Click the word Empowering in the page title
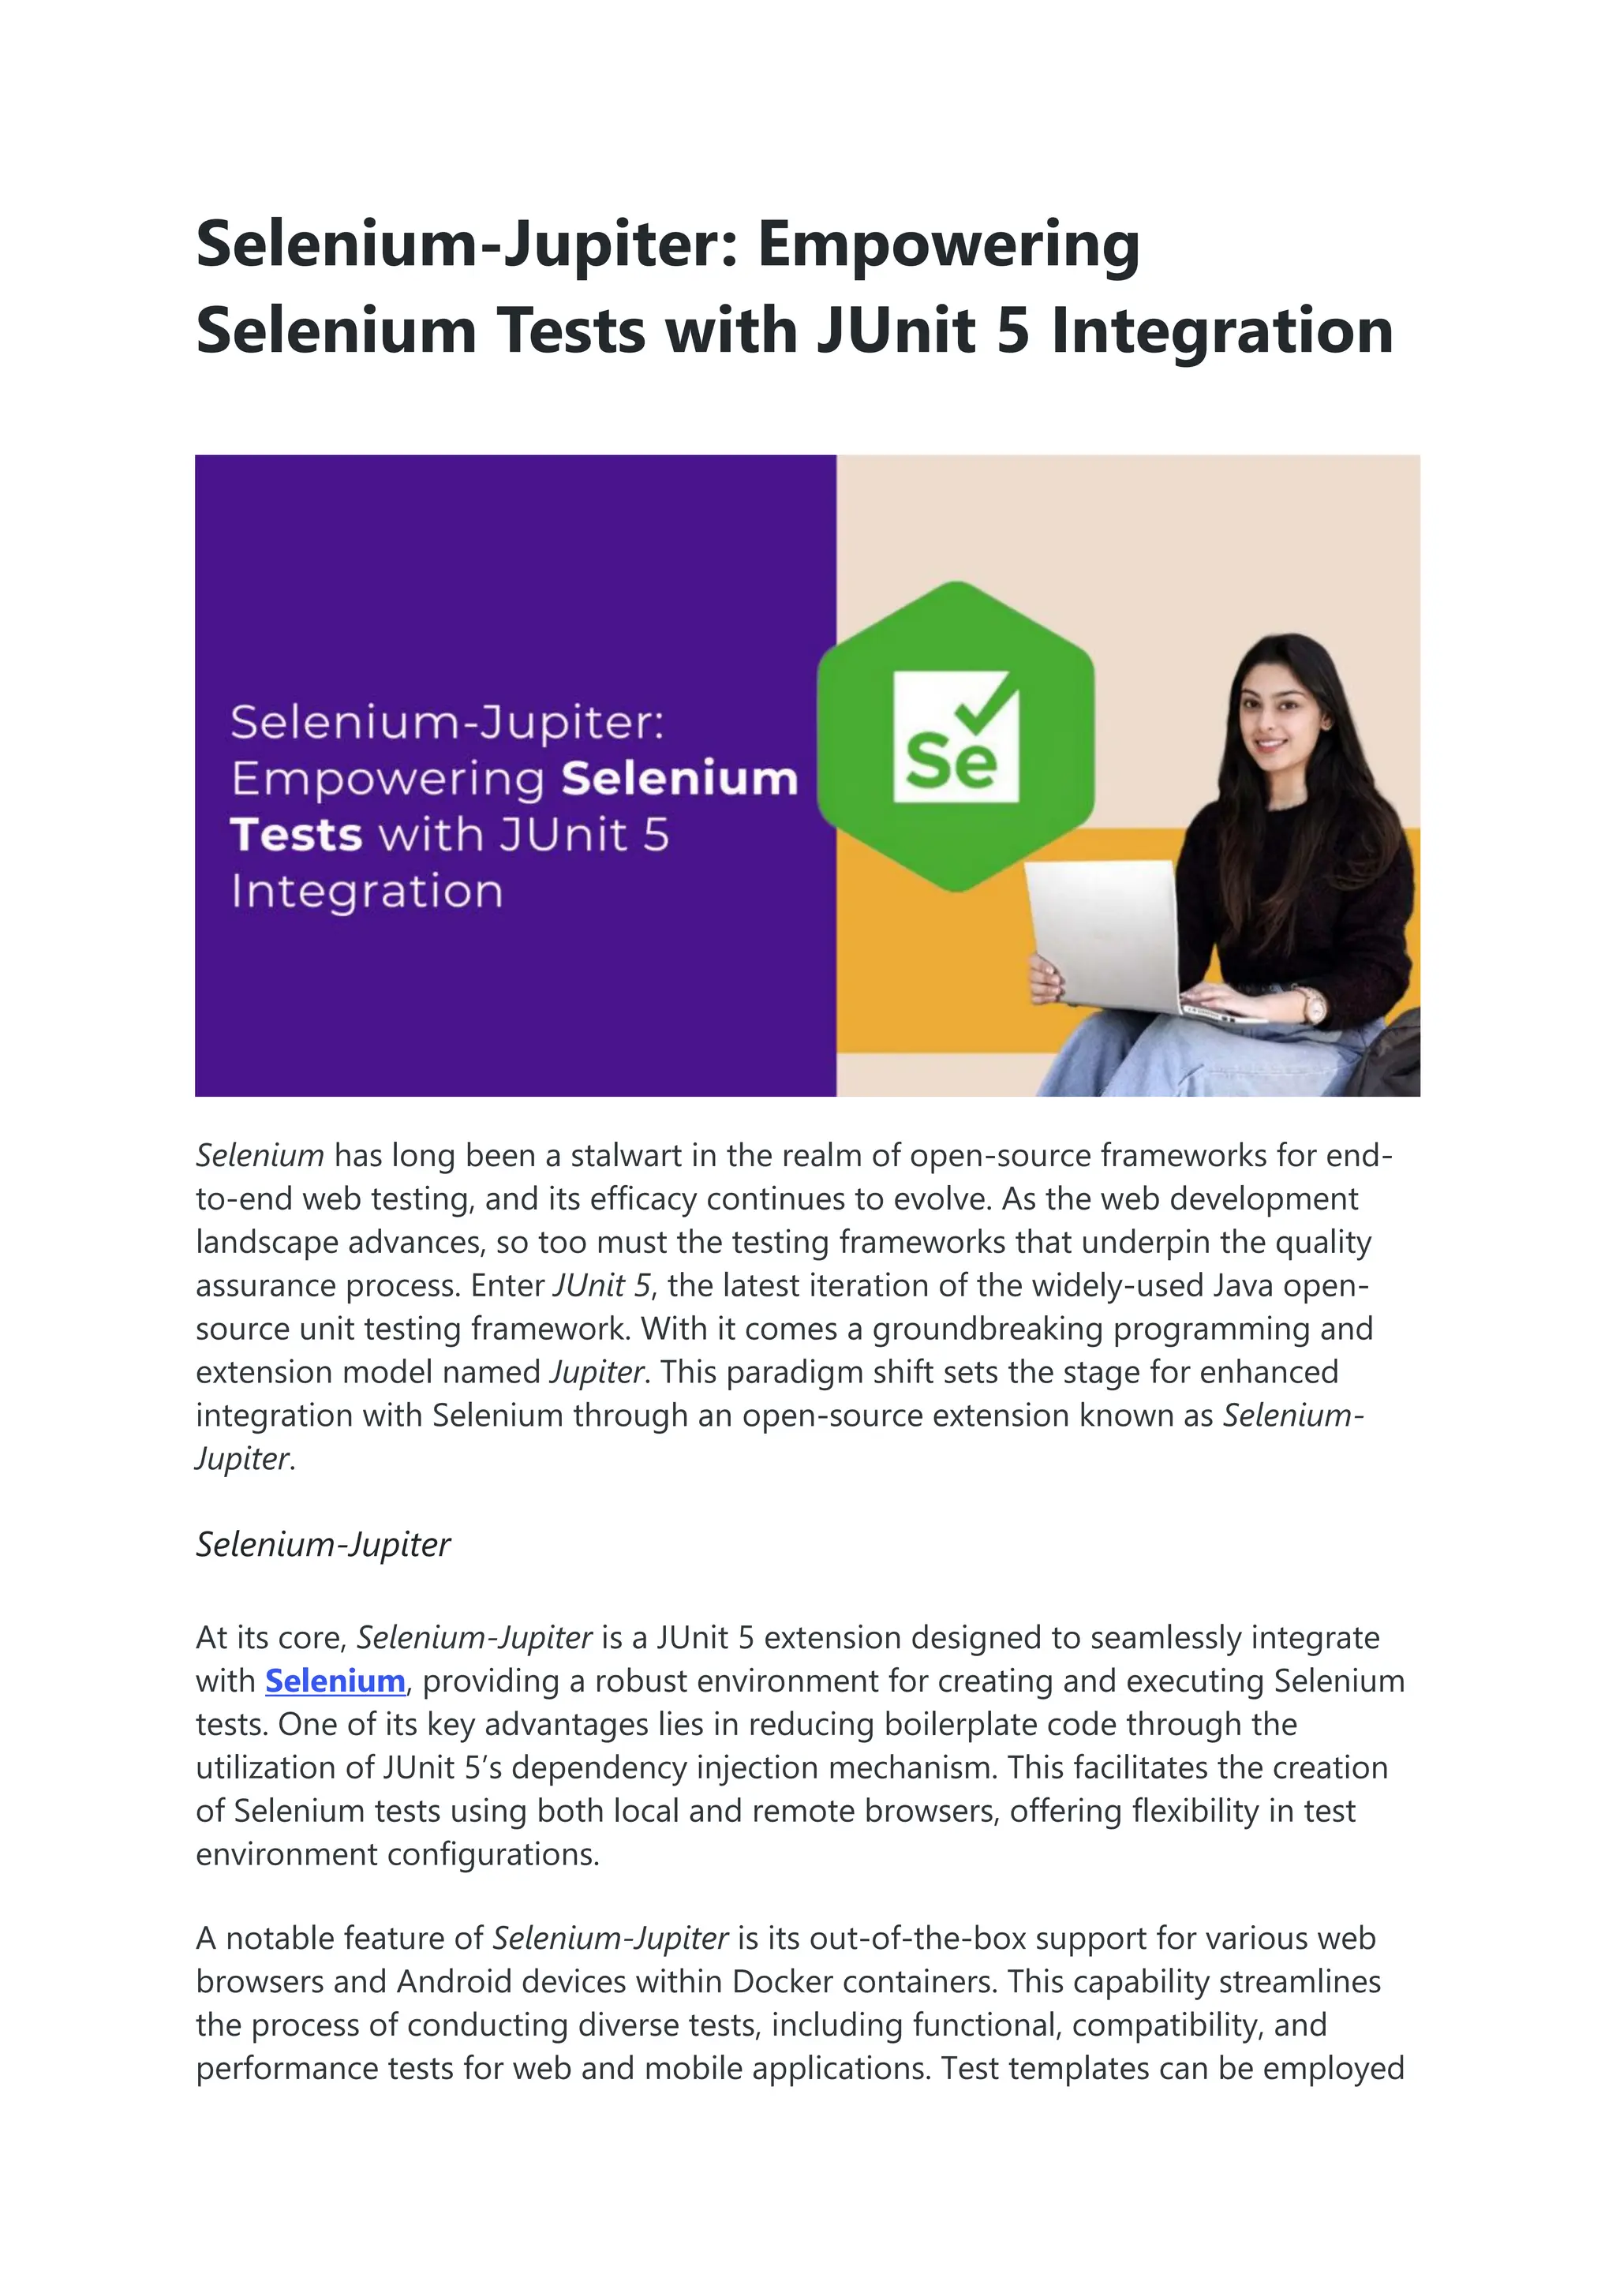tap(948, 244)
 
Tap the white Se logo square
tap(956, 736)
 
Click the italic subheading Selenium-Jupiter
tap(323, 1545)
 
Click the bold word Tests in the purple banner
tap(296, 834)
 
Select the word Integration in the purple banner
tap(366, 891)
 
